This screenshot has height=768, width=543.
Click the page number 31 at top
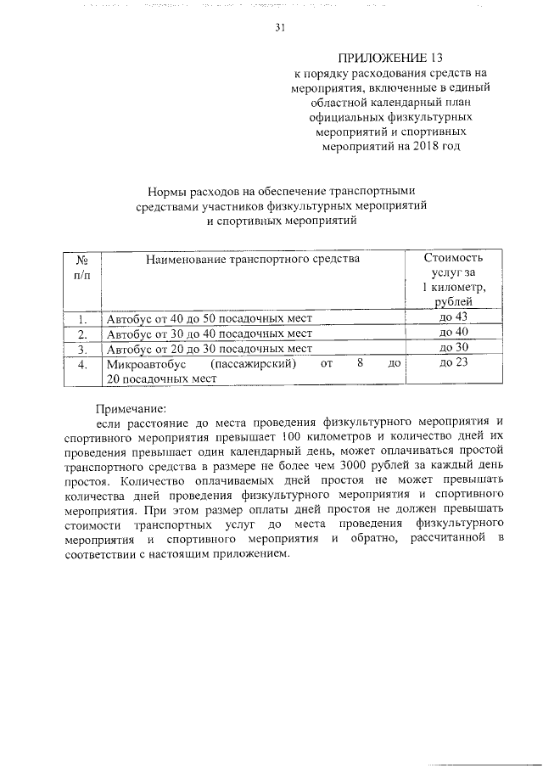pos(280,27)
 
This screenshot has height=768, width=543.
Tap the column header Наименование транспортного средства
pos(252,258)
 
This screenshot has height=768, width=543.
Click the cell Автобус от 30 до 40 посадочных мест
pos(210,334)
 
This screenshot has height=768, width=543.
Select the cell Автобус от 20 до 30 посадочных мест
pos(210,349)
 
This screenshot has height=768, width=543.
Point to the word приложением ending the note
pos(252,555)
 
